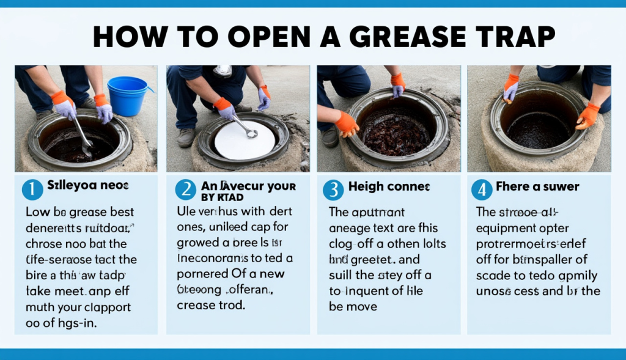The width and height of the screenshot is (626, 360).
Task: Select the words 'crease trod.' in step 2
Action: coord(211,304)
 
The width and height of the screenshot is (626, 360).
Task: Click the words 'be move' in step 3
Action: coord(353,306)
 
